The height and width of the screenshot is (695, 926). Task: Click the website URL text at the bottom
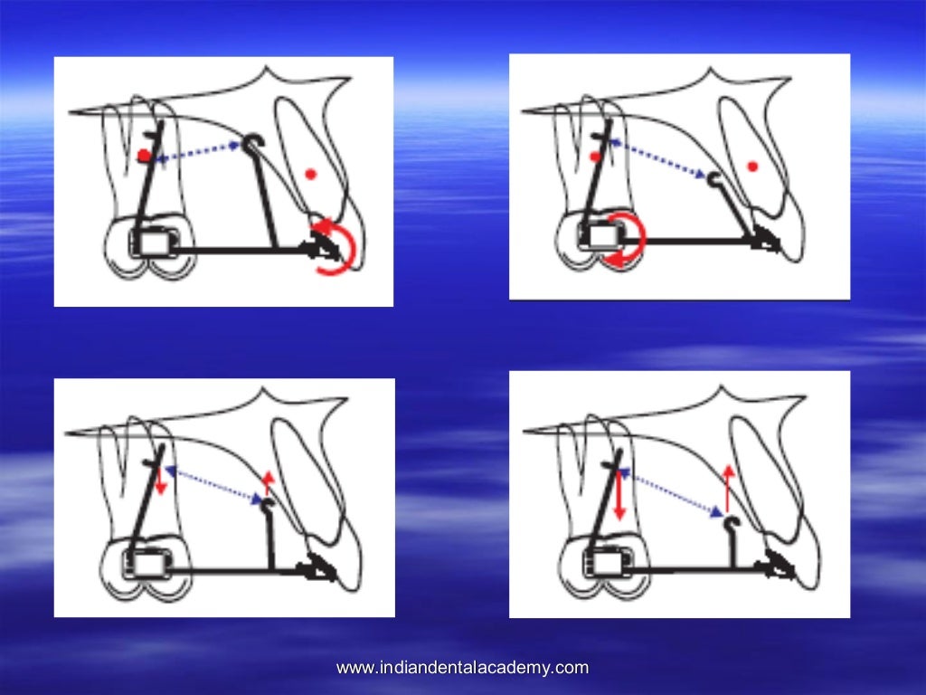(462, 669)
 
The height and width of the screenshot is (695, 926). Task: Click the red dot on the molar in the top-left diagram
(144, 156)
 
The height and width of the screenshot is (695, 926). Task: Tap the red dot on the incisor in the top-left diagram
(311, 174)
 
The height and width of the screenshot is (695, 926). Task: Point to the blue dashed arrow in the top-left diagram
(201, 151)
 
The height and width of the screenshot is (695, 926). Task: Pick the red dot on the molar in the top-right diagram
(595, 157)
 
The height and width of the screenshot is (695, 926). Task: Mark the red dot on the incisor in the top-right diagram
(752, 164)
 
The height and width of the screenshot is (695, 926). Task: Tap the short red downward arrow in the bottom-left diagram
(160, 480)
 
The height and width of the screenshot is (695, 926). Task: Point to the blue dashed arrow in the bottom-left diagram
(215, 483)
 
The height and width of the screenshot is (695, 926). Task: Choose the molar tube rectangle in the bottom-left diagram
(148, 564)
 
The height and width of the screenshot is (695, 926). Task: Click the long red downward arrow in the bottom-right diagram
(619, 494)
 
